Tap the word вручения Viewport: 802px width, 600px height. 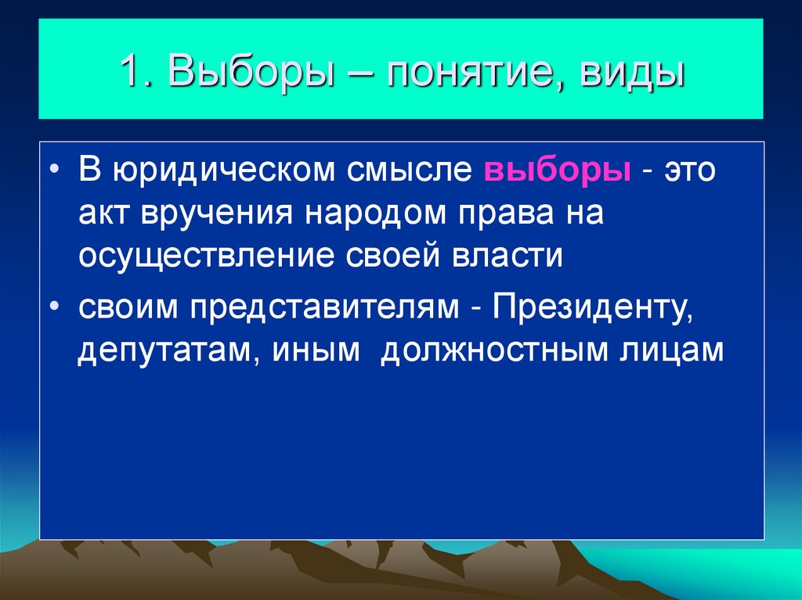[214, 214]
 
